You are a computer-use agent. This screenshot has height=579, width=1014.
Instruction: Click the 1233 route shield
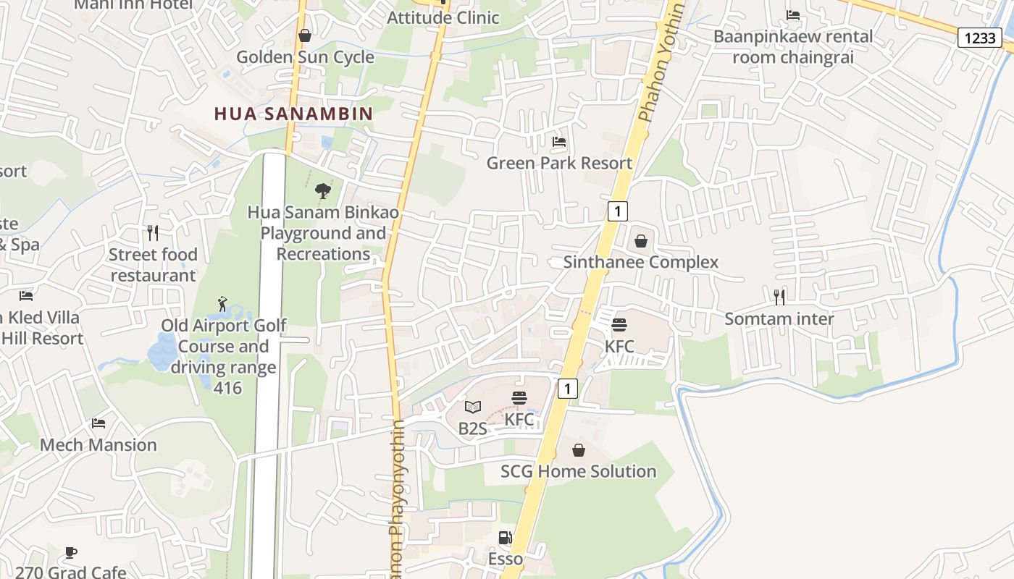click(980, 38)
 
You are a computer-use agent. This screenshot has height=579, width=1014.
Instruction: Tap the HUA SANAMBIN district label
click(293, 114)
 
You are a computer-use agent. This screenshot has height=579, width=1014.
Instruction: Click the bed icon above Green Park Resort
click(558, 142)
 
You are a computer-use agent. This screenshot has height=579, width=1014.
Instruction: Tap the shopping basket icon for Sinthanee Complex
click(640, 241)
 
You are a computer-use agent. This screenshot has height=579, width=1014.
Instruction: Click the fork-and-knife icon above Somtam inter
click(779, 296)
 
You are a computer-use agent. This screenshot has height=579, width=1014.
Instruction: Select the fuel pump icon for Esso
click(505, 538)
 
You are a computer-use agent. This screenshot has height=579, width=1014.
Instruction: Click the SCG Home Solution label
click(578, 471)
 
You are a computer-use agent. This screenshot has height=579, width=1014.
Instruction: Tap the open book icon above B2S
click(473, 407)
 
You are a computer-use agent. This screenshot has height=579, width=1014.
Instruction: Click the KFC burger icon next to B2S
click(519, 398)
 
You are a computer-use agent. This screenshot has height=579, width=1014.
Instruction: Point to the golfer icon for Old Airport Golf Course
click(222, 304)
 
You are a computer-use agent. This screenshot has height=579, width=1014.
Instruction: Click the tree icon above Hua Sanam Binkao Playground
click(323, 191)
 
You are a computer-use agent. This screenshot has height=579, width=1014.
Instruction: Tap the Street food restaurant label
click(153, 265)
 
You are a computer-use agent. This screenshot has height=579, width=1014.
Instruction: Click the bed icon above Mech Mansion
click(99, 423)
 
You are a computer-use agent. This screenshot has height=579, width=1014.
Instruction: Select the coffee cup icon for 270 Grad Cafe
click(70, 553)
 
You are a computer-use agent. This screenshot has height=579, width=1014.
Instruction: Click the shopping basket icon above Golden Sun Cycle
click(305, 35)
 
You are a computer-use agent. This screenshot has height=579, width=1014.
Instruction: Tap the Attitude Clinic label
click(443, 17)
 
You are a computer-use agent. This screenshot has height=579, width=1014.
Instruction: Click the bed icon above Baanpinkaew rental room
click(793, 15)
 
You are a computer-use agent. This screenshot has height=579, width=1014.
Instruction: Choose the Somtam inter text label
click(779, 318)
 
